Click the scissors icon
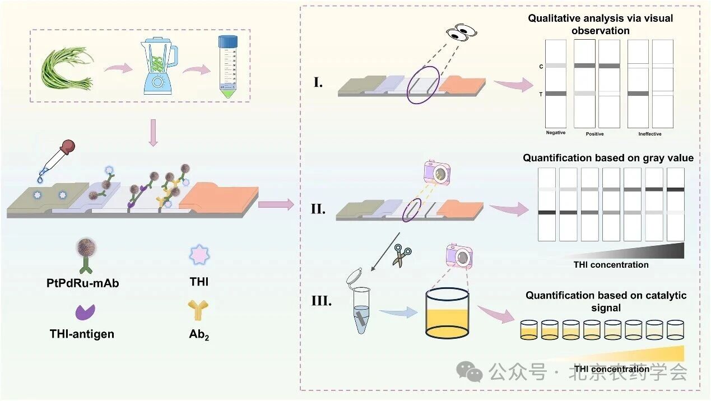[x=401, y=255]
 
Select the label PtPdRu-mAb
[x=83, y=283]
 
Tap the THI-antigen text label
[x=81, y=334]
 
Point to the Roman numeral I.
[x=317, y=84]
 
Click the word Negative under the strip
[x=556, y=133]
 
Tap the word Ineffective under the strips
[x=650, y=134]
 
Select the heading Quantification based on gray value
[x=608, y=158]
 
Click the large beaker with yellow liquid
[x=447, y=314]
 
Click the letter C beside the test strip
[x=541, y=67]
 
